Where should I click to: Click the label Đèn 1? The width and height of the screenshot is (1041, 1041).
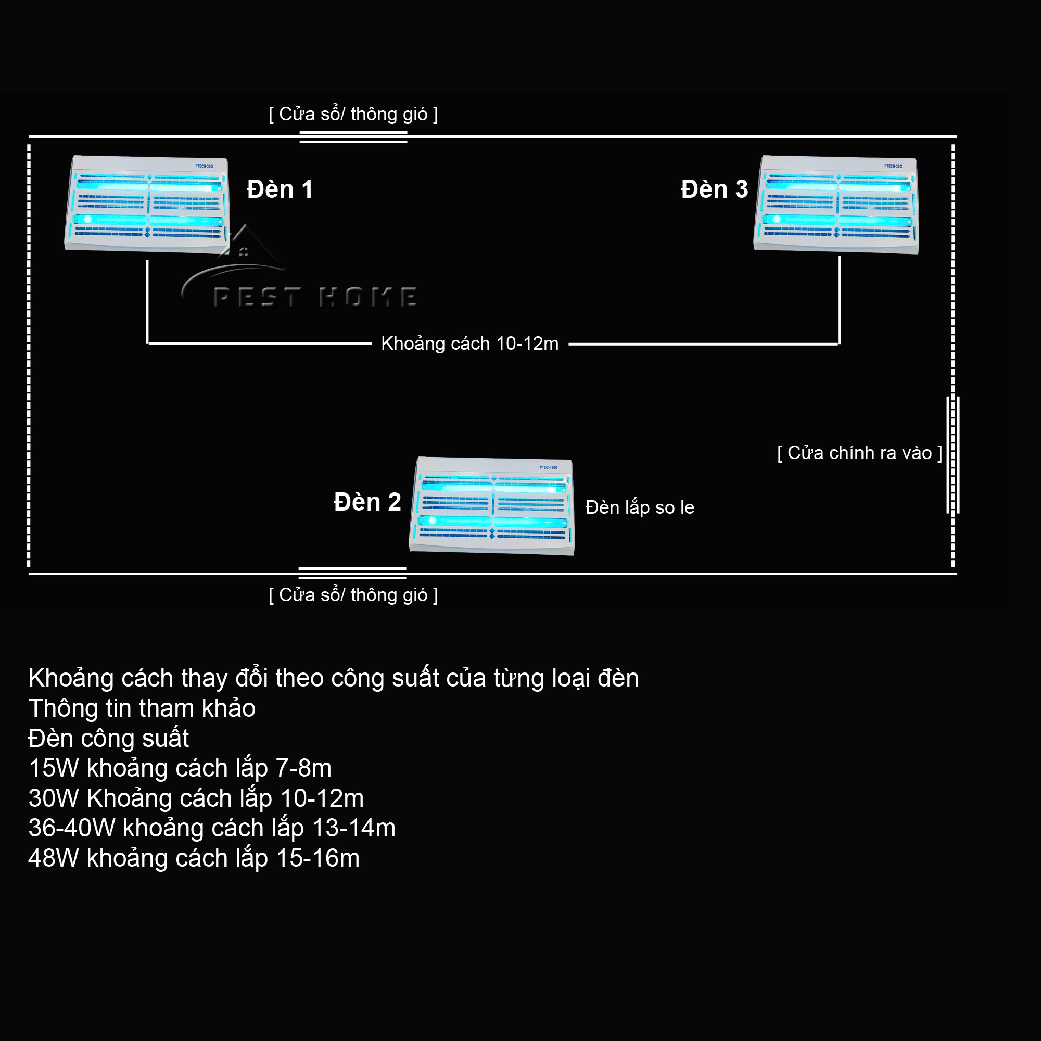[280, 189]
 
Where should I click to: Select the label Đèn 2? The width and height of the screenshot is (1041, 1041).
[367, 502]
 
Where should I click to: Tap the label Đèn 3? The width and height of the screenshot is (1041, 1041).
[715, 189]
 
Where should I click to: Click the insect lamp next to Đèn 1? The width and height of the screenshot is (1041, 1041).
[147, 205]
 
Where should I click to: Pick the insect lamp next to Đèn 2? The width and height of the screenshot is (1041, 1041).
[492, 506]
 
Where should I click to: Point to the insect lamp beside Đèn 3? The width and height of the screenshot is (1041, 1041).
[836, 205]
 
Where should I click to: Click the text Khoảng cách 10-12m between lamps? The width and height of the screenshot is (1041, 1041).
[470, 344]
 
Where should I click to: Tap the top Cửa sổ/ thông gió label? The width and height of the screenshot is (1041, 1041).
[353, 114]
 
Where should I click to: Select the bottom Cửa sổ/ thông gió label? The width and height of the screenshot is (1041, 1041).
[353, 595]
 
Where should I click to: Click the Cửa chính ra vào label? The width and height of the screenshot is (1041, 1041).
[860, 453]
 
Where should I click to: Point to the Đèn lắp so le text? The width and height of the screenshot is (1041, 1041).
[640, 507]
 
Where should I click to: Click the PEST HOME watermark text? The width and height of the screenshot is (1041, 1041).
[315, 297]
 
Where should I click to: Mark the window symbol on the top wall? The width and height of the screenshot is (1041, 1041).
[353, 137]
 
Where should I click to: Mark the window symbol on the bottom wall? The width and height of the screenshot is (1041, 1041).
[352, 573]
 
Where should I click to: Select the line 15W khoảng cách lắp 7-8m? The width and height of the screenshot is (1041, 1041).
[180, 768]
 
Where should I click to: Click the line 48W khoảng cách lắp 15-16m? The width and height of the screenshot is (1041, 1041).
[194, 858]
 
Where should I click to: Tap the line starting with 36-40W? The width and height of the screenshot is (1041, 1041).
[212, 828]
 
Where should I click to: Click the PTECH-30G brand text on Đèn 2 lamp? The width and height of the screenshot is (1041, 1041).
[549, 468]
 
